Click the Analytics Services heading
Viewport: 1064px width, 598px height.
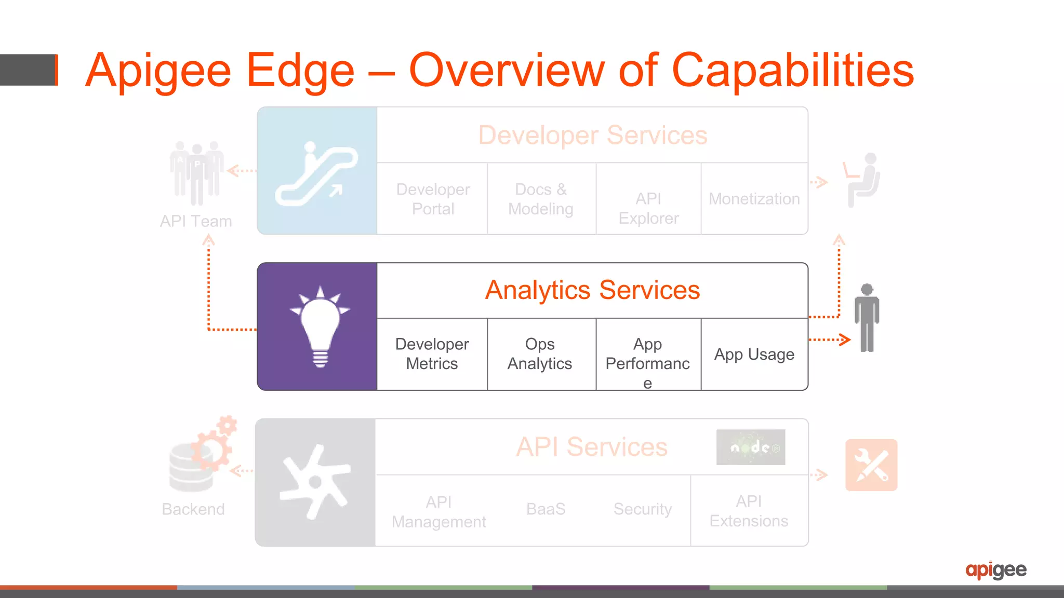(x=592, y=290)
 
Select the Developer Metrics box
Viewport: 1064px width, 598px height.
(x=432, y=354)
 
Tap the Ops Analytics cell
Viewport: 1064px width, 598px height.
(x=540, y=354)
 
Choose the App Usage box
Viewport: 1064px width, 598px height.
(x=754, y=355)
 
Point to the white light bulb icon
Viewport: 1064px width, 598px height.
(x=320, y=327)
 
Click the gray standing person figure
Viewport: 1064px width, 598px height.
(x=867, y=318)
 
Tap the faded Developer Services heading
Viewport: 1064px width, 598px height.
(x=592, y=135)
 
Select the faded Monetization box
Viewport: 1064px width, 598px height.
(x=754, y=199)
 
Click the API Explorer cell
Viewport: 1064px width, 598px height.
(x=648, y=208)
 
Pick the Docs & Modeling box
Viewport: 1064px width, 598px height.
(x=540, y=199)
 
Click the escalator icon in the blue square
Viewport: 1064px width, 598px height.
(x=316, y=173)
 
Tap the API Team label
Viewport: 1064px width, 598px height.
(x=196, y=221)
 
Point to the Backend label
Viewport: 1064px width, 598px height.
(x=193, y=509)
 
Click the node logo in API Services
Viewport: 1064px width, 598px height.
(x=751, y=447)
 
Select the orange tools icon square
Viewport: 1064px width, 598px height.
(x=871, y=465)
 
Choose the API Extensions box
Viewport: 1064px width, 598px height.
(x=749, y=511)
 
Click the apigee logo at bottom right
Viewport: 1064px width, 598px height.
(x=995, y=570)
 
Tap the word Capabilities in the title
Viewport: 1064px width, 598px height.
(x=793, y=71)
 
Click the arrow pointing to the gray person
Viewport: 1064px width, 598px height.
(x=830, y=340)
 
